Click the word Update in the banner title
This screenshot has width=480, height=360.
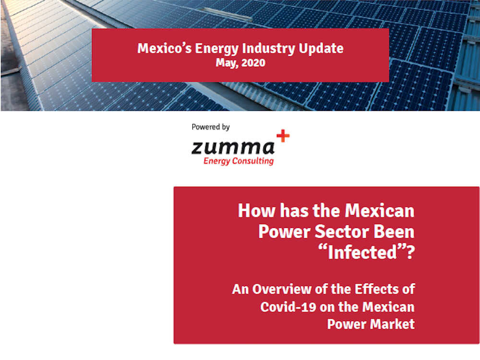(321, 48)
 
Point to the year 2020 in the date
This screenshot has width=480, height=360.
(254, 63)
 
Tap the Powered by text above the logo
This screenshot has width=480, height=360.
(211, 127)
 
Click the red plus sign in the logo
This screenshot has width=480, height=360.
(283, 136)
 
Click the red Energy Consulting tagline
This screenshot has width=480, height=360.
(239, 161)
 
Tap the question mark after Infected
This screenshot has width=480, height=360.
(409, 252)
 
